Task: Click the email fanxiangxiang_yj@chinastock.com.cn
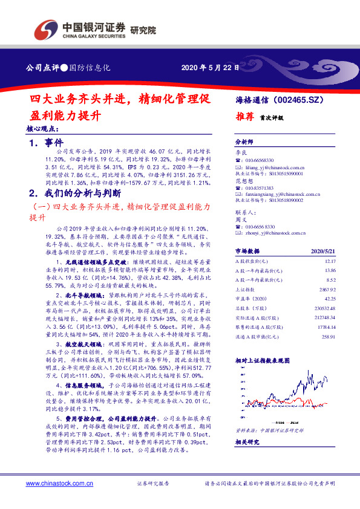coord(280,195)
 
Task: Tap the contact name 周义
coord(241,219)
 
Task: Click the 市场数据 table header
coord(247,250)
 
